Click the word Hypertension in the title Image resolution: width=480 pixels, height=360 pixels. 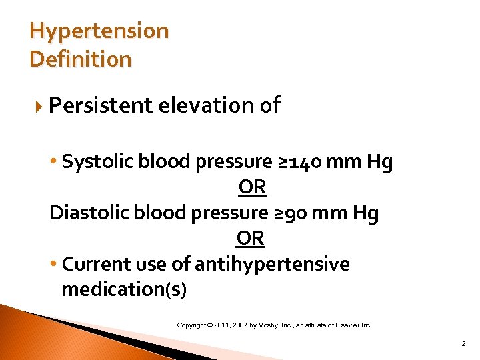pyautogui.click(x=99, y=31)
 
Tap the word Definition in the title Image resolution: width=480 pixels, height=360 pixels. pyautogui.click(x=81, y=59)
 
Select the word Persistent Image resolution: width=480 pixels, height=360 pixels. pyautogui.click(x=100, y=105)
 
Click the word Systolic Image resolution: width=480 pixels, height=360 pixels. pyautogui.click(x=95, y=162)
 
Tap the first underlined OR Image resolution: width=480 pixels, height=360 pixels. pyautogui.click(x=252, y=188)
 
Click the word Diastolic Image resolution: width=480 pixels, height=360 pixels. pyautogui.click(x=89, y=213)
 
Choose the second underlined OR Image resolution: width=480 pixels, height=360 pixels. pyautogui.click(x=251, y=238)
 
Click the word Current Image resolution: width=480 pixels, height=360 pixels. pyautogui.click(x=93, y=264)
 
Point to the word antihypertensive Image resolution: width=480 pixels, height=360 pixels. pyautogui.click(x=272, y=264)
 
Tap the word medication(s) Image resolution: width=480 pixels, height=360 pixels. pyautogui.click(x=124, y=289)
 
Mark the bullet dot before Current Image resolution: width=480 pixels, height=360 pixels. pyautogui.click(x=54, y=265)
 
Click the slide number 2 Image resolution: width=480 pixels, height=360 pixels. pyautogui.click(x=463, y=344)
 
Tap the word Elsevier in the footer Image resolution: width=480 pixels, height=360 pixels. pyautogui.click(x=348, y=325)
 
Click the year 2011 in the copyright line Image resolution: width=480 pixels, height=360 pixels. pyautogui.click(x=221, y=325)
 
